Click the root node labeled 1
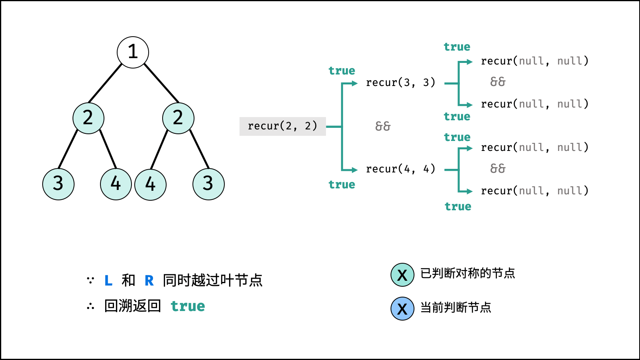[133, 52]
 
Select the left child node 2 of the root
[88, 118]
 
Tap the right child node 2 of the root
[178, 118]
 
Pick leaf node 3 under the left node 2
[58, 184]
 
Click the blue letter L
[108, 281]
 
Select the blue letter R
[149, 281]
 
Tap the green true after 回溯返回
[188, 306]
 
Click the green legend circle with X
[402, 275]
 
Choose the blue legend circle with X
[402, 309]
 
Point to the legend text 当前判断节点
[455, 307]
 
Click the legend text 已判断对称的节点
[467, 273]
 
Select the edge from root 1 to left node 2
[105, 83]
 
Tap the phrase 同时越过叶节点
[212, 280]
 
